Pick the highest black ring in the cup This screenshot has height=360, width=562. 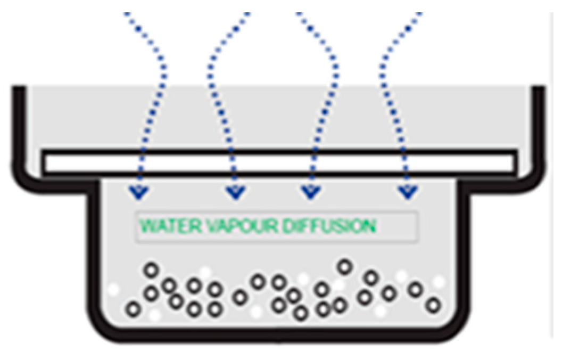point(345,266)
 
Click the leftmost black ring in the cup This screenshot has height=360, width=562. point(133,308)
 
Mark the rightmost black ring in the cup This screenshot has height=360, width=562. point(434,306)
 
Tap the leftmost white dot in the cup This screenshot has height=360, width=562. point(113,290)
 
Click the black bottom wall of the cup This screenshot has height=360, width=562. point(279,335)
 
